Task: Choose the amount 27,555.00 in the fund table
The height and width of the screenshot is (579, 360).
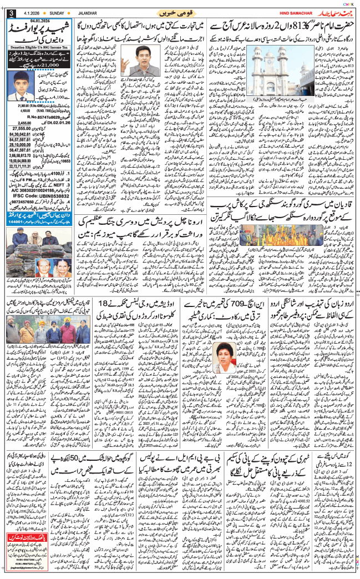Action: (24, 128)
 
